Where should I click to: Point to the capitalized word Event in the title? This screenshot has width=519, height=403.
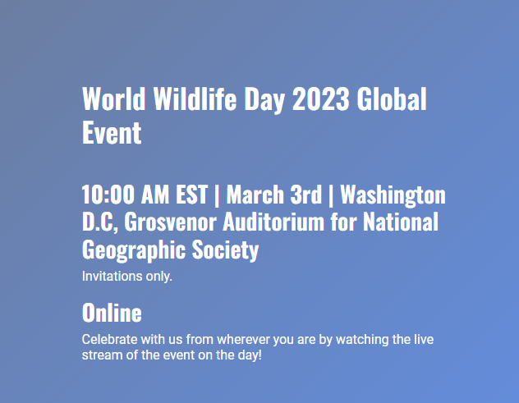click(112, 133)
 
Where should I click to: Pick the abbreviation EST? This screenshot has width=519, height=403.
click(191, 195)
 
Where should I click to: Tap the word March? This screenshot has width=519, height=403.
click(257, 195)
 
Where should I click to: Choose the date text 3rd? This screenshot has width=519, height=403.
click(307, 195)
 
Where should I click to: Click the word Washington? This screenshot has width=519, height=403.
click(393, 195)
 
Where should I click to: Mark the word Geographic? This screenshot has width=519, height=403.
click(131, 250)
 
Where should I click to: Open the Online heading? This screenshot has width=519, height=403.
click(112, 313)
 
